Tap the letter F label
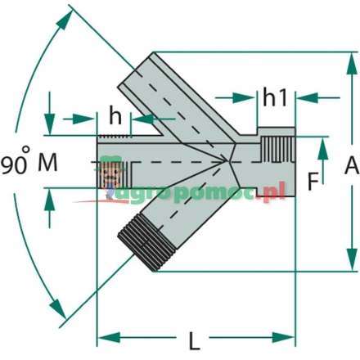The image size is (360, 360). coord(313,182)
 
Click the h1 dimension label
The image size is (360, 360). coord(274,97)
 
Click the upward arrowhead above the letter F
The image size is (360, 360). coord(325,145)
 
